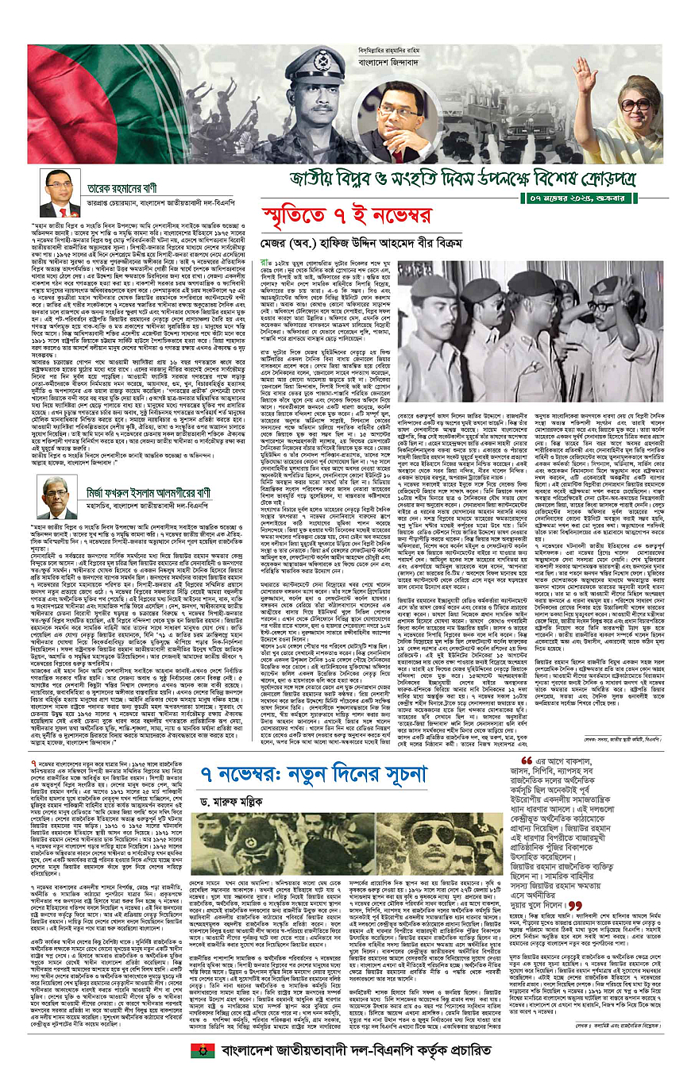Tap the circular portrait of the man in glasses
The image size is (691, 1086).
409,121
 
